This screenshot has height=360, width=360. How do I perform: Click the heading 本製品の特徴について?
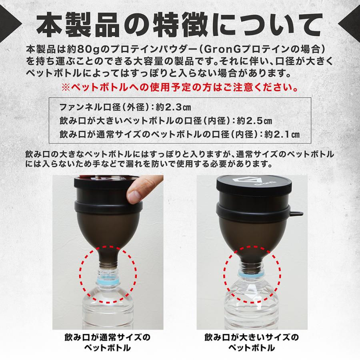click(x=180, y=25)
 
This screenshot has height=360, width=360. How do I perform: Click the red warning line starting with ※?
click(x=180, y=87)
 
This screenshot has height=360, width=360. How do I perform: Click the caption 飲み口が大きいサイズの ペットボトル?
click(x=252, y=342)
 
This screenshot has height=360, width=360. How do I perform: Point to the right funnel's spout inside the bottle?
click(x=251, y=261)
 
